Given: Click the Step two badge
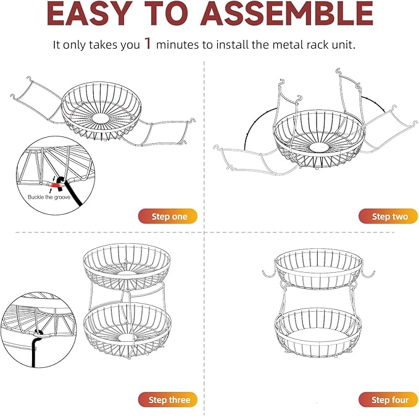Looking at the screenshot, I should [x=388, y=216].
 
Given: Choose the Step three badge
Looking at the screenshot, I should [x=168, y=399].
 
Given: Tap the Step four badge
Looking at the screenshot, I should [x=389, y=399].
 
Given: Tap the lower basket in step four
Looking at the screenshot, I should [x=318, y=330].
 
